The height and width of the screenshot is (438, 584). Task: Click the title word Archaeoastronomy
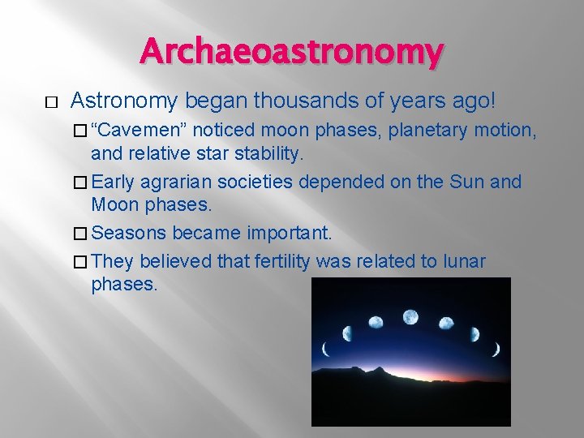point(291,52)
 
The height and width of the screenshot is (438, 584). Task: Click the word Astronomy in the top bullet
point(124,101)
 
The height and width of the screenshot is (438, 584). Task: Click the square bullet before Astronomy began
point(28,102)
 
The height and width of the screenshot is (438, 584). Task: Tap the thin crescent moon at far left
point(325,350)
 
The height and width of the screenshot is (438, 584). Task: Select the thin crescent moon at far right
point(497,350)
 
